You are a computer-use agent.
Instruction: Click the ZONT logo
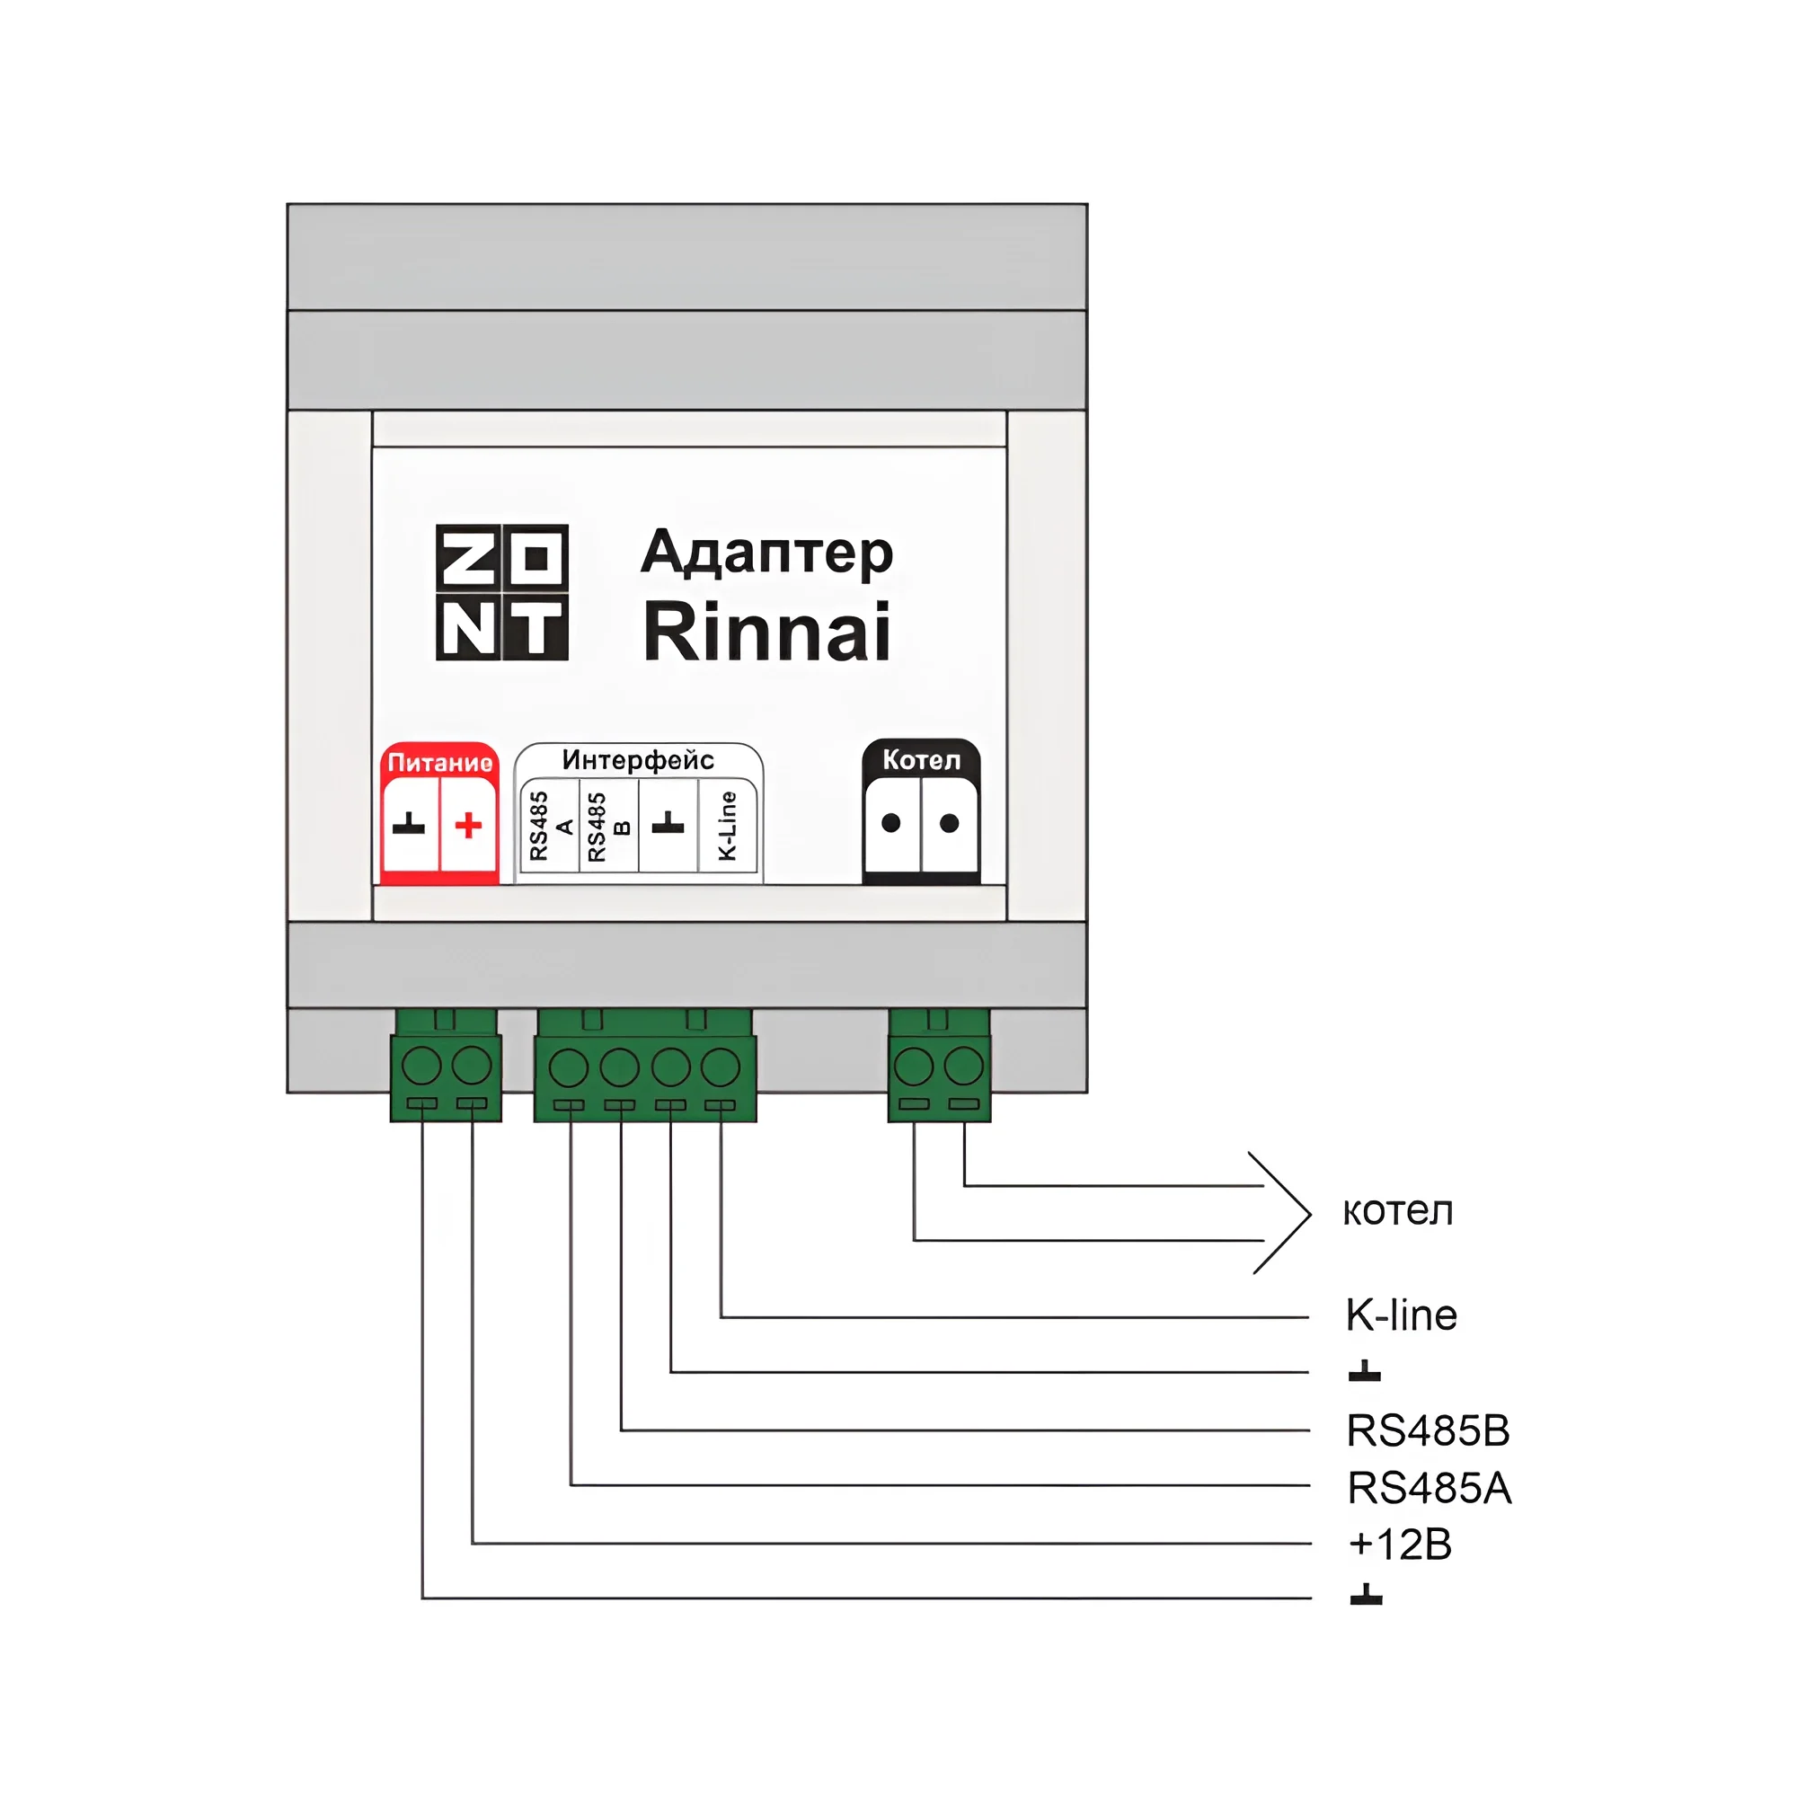[x=501, y=592]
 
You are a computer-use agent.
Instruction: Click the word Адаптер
[x=766, y=552]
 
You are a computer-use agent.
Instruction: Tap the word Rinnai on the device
[x=766, y=633]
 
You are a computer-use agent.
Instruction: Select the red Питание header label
[x=439, y=763]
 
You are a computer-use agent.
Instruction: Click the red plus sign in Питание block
[x=469, y=825]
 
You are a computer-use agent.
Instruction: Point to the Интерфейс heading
[x=638, y=760]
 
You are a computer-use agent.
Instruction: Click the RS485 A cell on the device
[x=551, y=826]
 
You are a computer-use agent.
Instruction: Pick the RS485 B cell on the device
[x=609, y=826]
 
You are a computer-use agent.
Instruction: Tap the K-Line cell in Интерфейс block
[x=729, y=826]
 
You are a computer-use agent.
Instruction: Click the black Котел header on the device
[x=921, y=760]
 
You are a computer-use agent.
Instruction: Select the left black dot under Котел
[x=891, y=823]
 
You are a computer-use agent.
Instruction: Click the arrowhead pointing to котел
[x=1288, y=1213]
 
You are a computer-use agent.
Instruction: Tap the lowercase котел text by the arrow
[x=1397, y=1211]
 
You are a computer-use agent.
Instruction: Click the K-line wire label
[x=1401, y=1315]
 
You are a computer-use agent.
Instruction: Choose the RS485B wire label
[x=1428, y=1430]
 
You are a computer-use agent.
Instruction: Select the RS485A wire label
[x=1429, y=1488]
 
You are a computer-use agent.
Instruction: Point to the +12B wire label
[x=1400, y=1544]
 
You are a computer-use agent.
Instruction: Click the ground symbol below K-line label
[x=1365, y=1371]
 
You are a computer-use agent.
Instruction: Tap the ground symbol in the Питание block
[x=409, y=825]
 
